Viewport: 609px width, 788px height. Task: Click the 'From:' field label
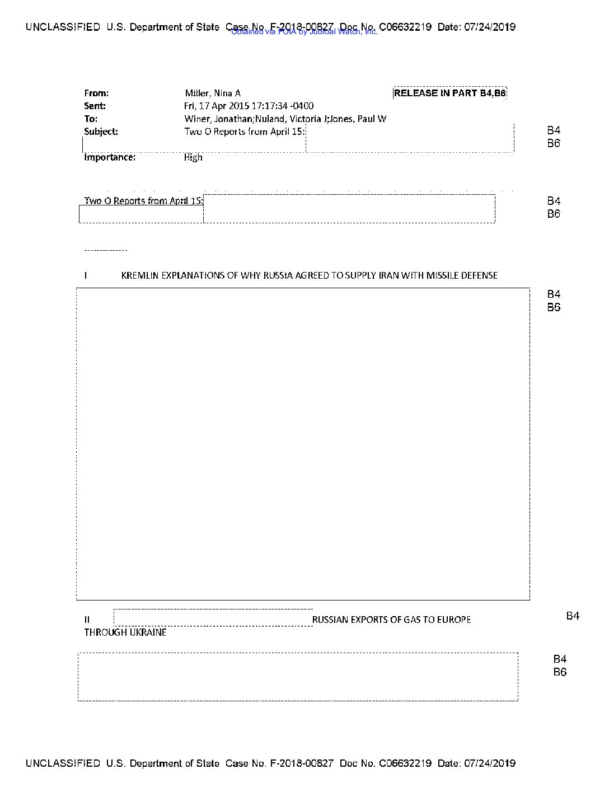[x=96, y=93]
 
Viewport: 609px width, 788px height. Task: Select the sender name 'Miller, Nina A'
[x=213, y=93]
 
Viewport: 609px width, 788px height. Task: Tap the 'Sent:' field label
[x=95, y=106]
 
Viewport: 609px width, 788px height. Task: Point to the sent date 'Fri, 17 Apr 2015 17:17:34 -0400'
[x=249, y=106]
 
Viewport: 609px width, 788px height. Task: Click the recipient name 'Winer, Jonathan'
[x=218, y=119]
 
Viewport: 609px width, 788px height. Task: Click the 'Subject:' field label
[x=101, y=132]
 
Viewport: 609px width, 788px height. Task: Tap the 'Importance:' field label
[x=110, y=157]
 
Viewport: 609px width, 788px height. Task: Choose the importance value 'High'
[x=193, y=157]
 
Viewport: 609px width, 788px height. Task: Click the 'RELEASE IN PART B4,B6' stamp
[x=449, y=93]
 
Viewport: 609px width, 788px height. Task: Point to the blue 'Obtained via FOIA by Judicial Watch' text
[x=304, y=32]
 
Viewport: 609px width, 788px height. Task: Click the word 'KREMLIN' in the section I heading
[x=140, y=275]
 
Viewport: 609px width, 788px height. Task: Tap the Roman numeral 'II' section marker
[x=87, y=620]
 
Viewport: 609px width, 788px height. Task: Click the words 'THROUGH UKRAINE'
[x=125, y=632]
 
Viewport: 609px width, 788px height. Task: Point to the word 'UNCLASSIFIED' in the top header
[x=63, y=27]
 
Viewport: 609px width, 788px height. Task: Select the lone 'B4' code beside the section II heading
[x=573, y=616]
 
